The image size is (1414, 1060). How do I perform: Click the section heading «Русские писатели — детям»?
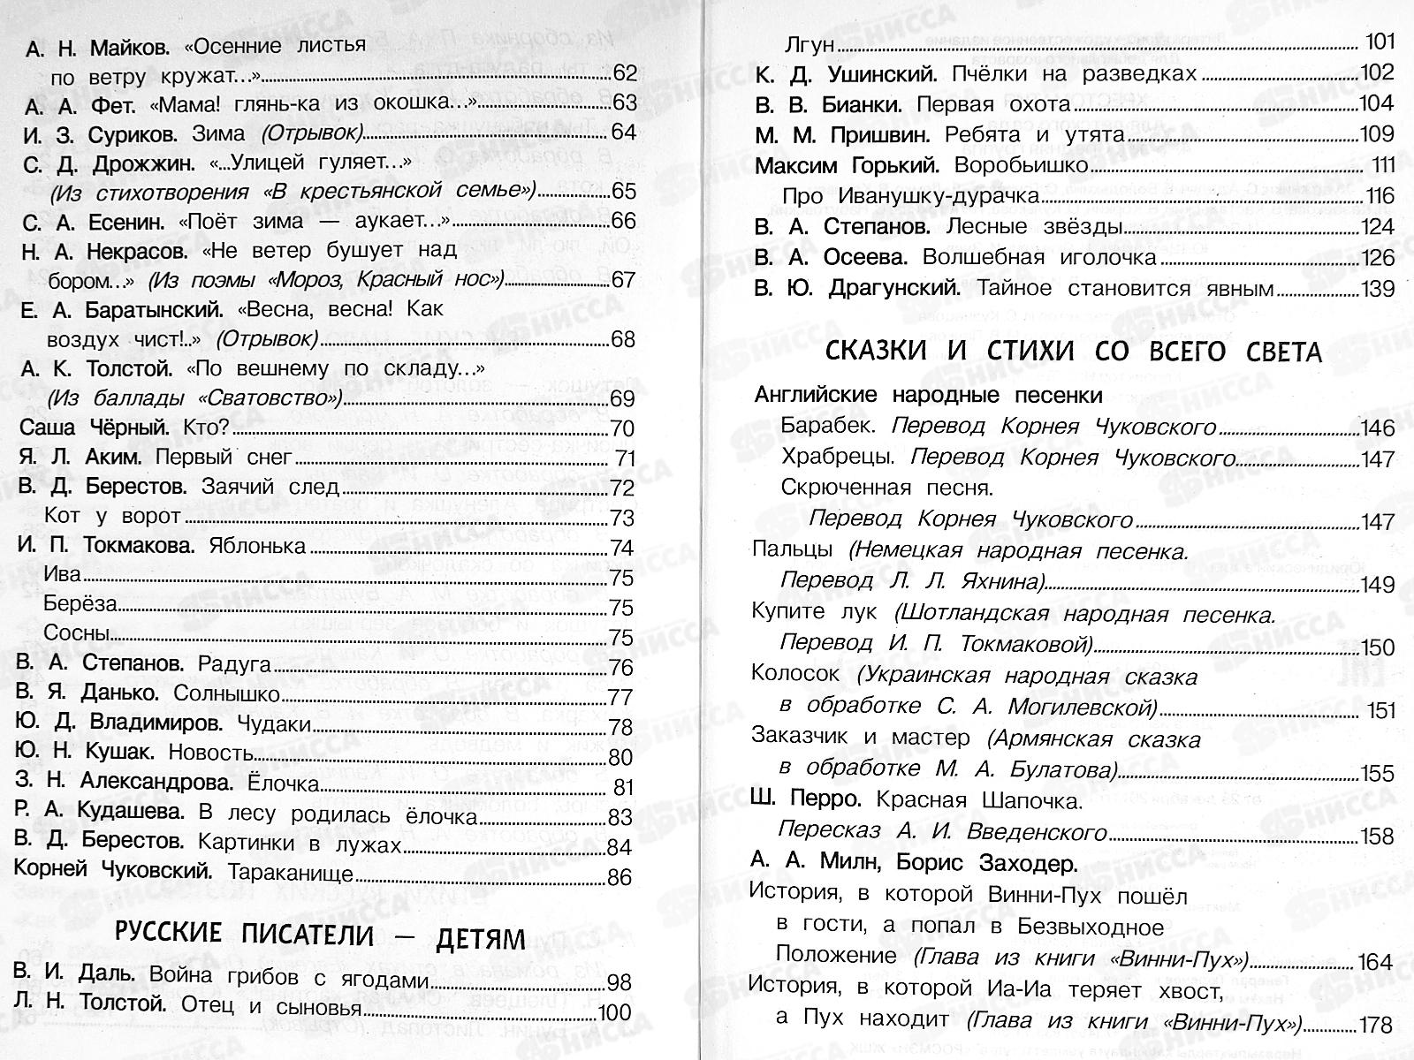[320, 937]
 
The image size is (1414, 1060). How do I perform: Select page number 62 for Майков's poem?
[624, 74]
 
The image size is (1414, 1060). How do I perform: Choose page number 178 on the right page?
[1376, 1025]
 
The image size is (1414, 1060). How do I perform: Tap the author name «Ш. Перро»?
[806, 799]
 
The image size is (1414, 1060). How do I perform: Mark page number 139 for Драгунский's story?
[1376, 289]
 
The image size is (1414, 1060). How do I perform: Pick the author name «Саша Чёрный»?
[95, 428]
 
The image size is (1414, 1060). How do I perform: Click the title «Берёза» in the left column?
[80, 604]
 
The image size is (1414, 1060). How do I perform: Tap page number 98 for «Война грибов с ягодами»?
[620, 982]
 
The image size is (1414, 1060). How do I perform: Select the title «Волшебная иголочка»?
[1038, 257]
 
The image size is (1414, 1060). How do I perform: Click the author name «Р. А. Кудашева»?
[99, 812]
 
